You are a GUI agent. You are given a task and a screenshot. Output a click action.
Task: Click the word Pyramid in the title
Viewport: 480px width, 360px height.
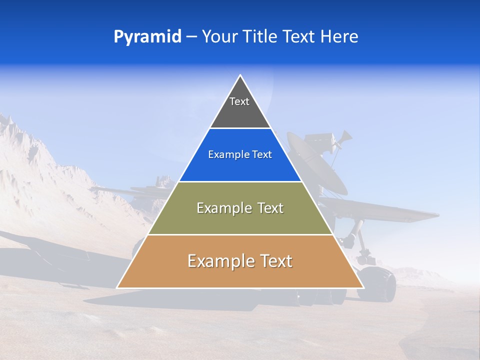click(x=147, y=37)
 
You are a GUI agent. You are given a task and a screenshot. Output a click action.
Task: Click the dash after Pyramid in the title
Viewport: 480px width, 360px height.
click(x=191, y=37)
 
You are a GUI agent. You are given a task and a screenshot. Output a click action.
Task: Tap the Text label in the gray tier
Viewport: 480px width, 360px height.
click(x=239, y=101)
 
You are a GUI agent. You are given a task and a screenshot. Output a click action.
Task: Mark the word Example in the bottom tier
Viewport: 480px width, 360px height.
click(x=218, y=261)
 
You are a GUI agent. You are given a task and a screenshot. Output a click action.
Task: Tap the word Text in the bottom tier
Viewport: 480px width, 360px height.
click(x=275, y=261)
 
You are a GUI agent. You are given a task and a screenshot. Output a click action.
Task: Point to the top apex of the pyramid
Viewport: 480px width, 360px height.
click(x=240, y=76)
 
